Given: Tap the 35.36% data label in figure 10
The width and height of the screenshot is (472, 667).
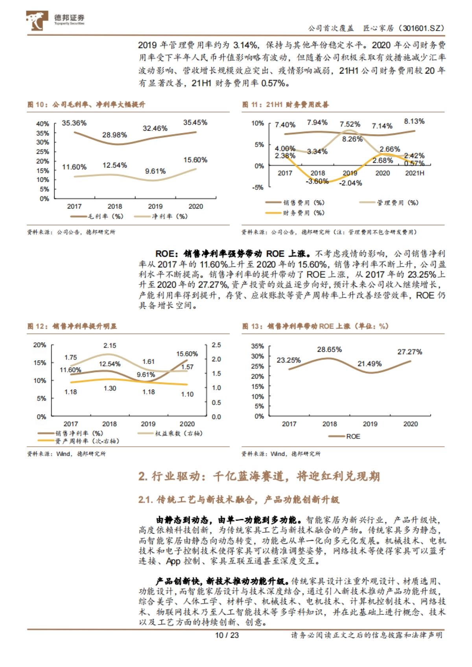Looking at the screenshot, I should click(74, 123).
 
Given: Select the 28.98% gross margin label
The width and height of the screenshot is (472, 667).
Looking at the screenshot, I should click(114, 135).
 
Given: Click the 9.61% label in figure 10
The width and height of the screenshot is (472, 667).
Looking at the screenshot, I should click(155, 171).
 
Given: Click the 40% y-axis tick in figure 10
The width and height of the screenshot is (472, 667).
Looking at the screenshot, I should click(42, 124).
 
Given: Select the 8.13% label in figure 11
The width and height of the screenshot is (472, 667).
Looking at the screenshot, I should click(414, 121).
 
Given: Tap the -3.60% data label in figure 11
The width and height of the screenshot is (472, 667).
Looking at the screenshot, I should click(317, 181).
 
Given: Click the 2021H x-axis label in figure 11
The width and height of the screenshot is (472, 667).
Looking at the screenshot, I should click(415, 173).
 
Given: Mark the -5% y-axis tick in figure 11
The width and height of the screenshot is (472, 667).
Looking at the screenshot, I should click(258, 187).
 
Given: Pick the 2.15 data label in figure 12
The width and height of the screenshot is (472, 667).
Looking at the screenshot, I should click(110, 345).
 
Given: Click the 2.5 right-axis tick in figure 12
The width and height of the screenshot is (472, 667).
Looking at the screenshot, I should click(216, 345).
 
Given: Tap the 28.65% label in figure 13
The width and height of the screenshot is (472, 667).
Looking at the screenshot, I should click(330, 349).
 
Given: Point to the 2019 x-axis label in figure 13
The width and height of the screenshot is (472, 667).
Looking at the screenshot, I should click(370, 424).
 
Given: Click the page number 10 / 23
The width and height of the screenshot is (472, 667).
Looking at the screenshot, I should click(227, 635).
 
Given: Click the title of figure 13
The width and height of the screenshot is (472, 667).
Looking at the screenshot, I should click(315, 326).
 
